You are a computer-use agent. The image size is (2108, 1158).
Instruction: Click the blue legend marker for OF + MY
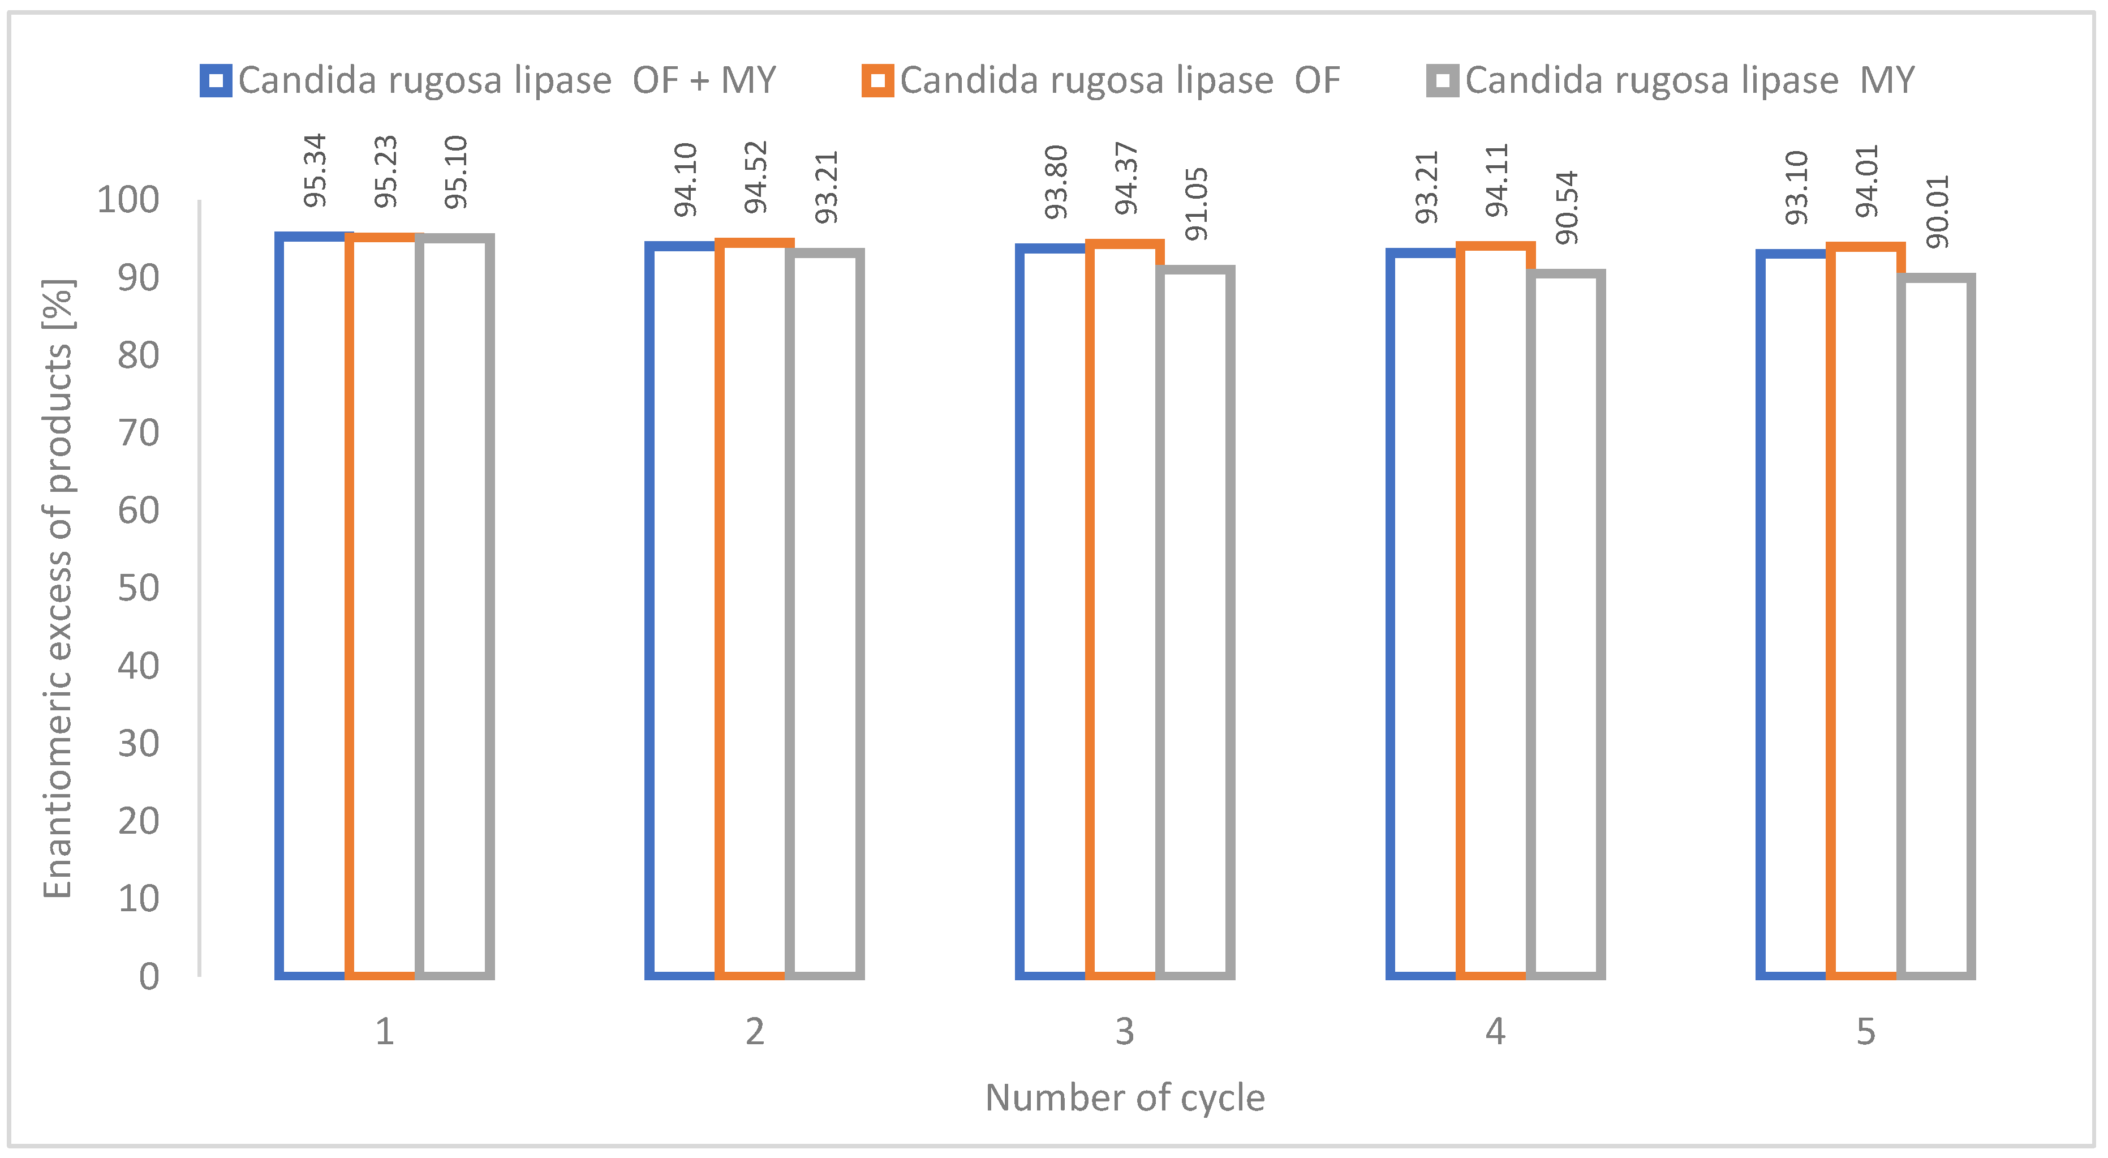(215, 81)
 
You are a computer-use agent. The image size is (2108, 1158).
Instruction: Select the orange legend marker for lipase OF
(877, 81)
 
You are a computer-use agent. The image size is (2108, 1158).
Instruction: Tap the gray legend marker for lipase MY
(1442, 81)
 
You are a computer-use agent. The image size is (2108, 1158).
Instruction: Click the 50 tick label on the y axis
(138, 587)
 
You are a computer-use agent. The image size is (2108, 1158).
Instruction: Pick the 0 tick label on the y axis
(149, 976)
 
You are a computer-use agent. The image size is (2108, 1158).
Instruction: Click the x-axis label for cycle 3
(1124, 1031)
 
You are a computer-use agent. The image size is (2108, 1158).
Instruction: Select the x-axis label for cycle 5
(1865, 1031)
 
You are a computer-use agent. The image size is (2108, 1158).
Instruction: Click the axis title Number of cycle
(1124, 1097)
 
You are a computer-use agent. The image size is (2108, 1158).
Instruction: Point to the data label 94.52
(755, 177)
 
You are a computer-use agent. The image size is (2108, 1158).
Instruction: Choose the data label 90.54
(1566, 207)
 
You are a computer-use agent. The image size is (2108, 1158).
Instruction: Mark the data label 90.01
(1937, 211)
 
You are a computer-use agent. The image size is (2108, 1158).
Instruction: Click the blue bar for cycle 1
(311, 606)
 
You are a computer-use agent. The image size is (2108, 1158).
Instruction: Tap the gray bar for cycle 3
(1195, 622)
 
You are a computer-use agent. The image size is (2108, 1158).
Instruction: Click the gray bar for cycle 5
(1936, 626)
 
